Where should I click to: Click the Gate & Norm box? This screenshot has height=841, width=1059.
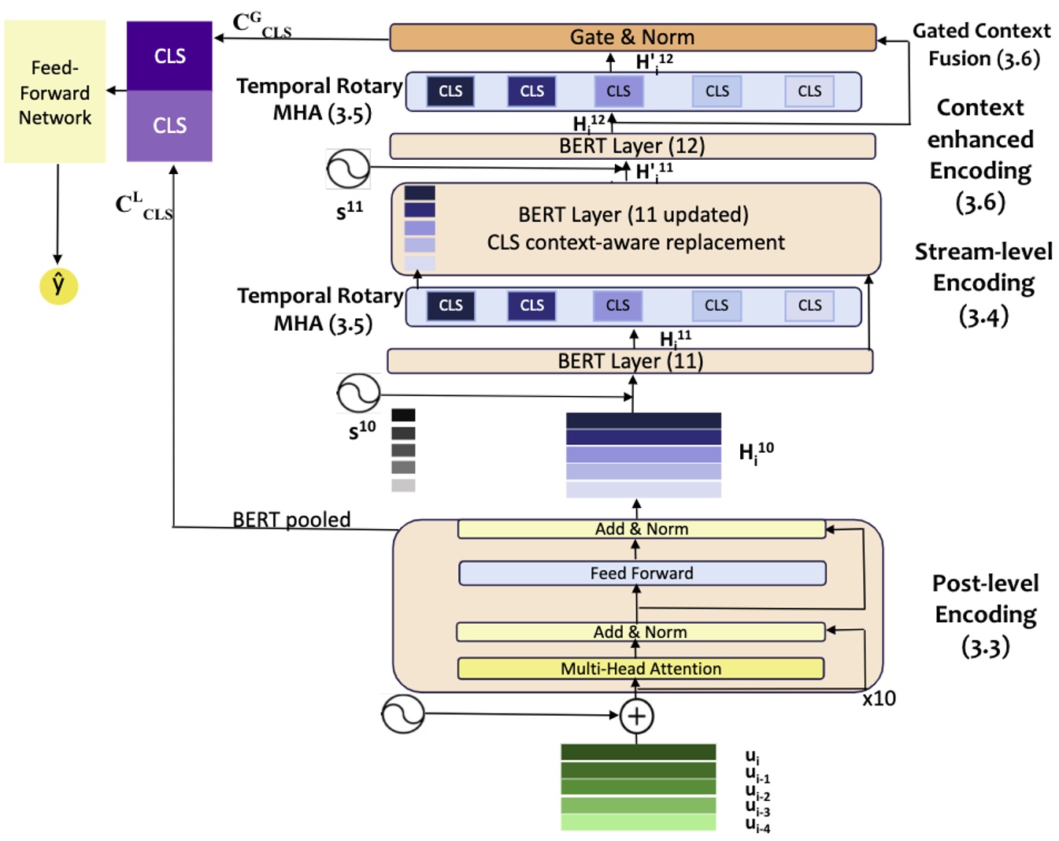(x=632, y=37)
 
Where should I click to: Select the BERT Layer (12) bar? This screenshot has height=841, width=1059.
(x=632, y=146)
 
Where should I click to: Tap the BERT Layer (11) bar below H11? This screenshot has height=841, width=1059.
(x=630, y=361)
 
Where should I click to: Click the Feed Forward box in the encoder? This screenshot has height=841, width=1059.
(x=642, y=573)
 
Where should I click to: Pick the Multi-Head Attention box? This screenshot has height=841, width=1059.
(x=641, y=669)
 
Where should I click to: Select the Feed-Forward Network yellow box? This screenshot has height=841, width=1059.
(x=55, y=92)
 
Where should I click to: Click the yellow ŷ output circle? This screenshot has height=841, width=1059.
(x=58, y=285)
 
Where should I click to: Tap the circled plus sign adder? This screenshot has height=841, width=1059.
(x=636, y=717)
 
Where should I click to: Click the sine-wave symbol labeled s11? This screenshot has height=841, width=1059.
(x=348, y=169)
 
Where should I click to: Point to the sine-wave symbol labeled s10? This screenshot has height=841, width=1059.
(x=358, y=393)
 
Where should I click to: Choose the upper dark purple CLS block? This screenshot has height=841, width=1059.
(x=169, y=56)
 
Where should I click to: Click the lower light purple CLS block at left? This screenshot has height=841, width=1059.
(x=169, y=126)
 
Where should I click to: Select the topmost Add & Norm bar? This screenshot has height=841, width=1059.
(x=641, y=529)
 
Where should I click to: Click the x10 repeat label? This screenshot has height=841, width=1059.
(x=879, y=698)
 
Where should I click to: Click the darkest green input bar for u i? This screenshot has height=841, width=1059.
(x=638, y=752)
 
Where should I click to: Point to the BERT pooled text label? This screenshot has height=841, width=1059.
(x=291, y=520)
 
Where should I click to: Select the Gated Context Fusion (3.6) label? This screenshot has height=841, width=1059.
(x=982, y=45)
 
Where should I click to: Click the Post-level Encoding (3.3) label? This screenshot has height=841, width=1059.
(x=985, y=615)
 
